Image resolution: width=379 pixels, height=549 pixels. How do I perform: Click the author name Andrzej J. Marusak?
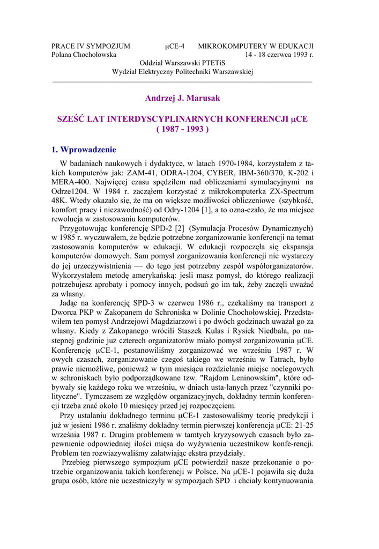[182, 98]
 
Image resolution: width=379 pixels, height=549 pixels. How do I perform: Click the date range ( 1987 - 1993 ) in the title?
[182, 129]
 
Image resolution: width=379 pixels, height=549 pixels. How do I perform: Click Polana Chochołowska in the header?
[84, 55]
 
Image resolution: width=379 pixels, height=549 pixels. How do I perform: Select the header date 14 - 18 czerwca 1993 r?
[279, 55]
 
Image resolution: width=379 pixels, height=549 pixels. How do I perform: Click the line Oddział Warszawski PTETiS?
[182, 63]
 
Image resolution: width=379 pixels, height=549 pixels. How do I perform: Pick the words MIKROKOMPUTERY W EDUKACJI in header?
[256, 46]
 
